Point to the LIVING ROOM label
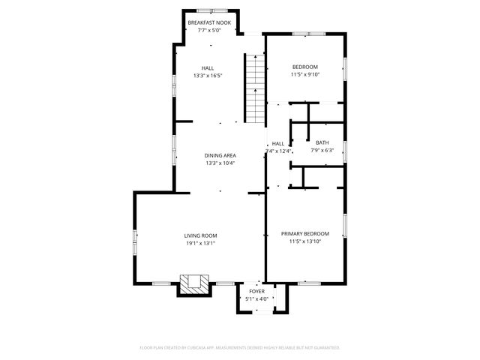200,236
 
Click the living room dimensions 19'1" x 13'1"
200,244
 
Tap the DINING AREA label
220,155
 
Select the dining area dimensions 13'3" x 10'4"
220,163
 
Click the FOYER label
256,292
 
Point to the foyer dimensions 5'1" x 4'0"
256,299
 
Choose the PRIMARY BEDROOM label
305,233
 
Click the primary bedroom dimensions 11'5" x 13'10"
305,241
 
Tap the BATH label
322,142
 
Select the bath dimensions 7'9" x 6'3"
322,150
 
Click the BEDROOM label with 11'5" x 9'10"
305,66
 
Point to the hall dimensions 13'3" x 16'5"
208,75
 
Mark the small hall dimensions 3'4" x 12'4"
277,151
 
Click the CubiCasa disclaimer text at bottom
240,348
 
